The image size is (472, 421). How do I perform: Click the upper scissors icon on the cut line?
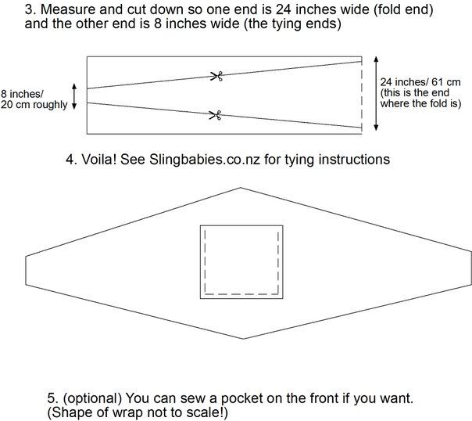click(x=216, y=76)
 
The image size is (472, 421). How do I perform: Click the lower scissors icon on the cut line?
click(x=216, y=115)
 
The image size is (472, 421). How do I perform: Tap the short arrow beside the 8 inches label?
click(x=74, y=96)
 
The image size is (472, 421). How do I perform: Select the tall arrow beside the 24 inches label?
click(x=376, y=93)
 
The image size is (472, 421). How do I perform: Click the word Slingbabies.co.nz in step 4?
click(x=205, y=159)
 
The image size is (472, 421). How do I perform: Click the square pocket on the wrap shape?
click(x=241, y=262)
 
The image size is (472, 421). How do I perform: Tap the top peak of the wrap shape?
click(x=241, y=188)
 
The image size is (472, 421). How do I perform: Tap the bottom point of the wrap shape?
click(x=243, y=339)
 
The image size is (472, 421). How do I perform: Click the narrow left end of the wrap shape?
click(x=26, y=270)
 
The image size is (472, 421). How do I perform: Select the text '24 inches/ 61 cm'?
click(x=420, y=82)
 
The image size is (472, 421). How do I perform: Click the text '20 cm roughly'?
click(x=34, y=105)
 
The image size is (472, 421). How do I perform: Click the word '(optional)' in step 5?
click(x=92, y=398)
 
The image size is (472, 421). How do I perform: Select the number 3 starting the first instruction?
click(x=28, y=9)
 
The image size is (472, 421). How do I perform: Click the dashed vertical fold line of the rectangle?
click(x=362, y=95)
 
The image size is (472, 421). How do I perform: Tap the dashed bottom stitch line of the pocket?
click(x=241, y=293)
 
